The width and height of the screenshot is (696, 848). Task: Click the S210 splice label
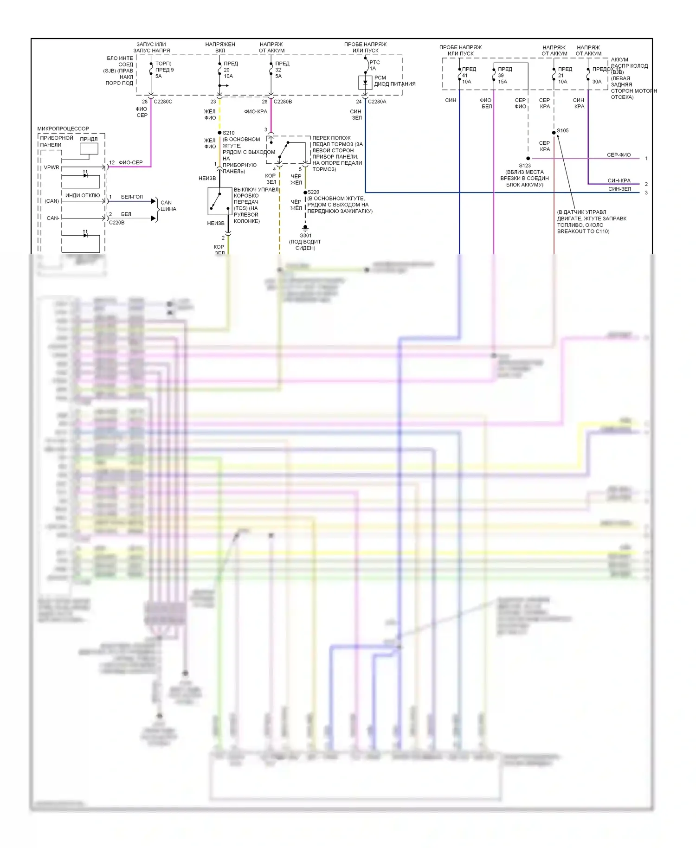(x=229, y=133)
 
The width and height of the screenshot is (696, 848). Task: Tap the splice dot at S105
(x=554, y=133)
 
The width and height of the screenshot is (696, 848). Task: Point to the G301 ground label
(x=305, y=235)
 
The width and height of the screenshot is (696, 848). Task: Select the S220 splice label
(x=314, y=192)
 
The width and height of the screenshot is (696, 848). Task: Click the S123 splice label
(x=525, y=166)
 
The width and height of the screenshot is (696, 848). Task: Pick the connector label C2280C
(x=163, y=102)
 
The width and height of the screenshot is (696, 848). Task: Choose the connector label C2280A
(x=377, y=102)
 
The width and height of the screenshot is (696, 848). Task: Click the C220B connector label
(x=116, y=223)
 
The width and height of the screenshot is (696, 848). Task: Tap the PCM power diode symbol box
(x=365, y=83)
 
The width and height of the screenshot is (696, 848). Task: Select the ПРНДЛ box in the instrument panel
(x=89, y=148)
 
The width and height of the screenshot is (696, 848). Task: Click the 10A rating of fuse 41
(x=466, y=82)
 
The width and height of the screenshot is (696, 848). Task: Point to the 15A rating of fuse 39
(x=503, y=82)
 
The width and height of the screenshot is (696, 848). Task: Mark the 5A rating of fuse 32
(x=278, y=76)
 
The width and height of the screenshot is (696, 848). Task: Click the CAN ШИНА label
(x=168, y=206)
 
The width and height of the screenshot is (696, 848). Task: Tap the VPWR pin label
(x=52, y=167)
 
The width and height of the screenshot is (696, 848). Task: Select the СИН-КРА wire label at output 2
(x=619, y=180)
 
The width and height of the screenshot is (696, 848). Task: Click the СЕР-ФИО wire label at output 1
(x=619, y=155)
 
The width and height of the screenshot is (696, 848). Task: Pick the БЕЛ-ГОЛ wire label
(x=132, y=197)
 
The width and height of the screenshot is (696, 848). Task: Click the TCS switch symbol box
(x=219, y=201)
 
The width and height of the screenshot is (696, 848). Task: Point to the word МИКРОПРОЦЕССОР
(x=63, y=128)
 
